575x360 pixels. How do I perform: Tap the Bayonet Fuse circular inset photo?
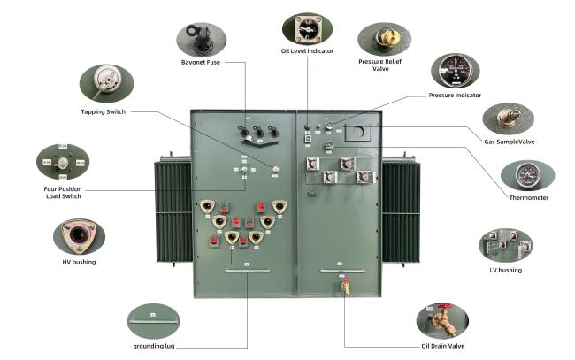(201, 39)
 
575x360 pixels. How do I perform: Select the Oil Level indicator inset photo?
(307, 28)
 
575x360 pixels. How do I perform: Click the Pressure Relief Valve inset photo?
(384, 38)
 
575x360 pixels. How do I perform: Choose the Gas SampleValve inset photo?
(509, 118)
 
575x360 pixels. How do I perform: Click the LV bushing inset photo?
(505, 244)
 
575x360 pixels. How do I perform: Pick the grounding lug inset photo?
(154, 318)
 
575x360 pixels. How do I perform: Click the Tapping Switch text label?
(104, 112)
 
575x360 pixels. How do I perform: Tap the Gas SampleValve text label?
(509, 142)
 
